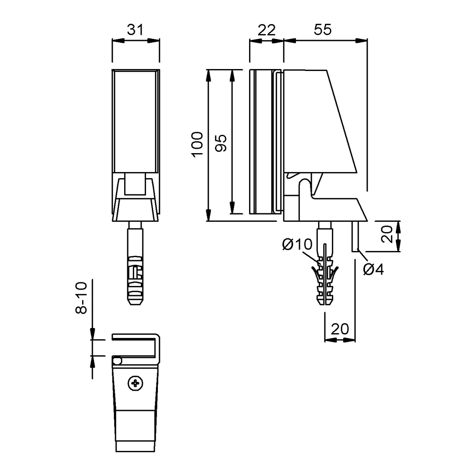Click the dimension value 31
(x=135, y=30)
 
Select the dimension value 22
(x=267, y=30)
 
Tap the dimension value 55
(x=322, y=30)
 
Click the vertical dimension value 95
(x=220, y=143)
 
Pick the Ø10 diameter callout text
(x=297, y=244)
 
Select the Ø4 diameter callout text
(x=374, y=269)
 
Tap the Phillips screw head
(x=136, y=383)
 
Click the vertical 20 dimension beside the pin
(x=387, y=234)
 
